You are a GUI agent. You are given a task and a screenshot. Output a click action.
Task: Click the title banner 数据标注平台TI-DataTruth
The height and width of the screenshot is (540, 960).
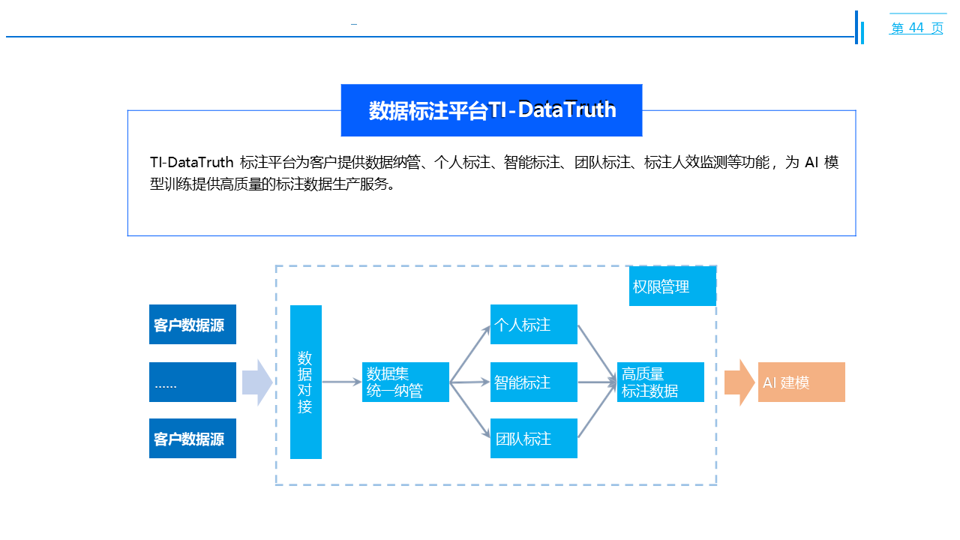491,110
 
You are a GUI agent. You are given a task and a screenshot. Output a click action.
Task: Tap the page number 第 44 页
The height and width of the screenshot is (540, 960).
916,28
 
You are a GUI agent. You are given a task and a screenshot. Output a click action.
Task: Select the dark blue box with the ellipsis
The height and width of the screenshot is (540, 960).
192,382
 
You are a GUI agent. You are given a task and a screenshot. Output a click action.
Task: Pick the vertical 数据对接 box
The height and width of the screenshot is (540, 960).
305,382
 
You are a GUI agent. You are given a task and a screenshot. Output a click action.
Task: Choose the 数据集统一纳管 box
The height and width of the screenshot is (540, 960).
405,382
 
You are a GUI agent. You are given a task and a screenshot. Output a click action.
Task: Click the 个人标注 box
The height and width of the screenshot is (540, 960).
533,325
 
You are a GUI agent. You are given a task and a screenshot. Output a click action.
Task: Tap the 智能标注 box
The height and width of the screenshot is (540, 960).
533,382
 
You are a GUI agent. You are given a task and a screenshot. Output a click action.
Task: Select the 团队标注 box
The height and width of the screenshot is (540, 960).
533,439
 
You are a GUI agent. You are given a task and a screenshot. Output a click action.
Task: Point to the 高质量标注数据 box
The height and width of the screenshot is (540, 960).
660,382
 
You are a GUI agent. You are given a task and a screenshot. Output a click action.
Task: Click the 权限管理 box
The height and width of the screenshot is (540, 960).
672,286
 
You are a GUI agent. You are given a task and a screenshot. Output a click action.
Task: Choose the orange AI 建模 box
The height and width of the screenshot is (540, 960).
801,382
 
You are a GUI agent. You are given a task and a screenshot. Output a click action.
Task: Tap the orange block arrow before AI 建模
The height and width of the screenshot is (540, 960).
739,382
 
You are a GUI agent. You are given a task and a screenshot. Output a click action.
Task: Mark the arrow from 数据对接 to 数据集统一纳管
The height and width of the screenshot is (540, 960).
341,382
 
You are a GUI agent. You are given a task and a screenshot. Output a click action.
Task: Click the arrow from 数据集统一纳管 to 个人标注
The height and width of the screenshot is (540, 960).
469,354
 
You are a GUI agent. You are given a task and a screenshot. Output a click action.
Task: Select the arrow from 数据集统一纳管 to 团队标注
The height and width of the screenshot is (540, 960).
469,410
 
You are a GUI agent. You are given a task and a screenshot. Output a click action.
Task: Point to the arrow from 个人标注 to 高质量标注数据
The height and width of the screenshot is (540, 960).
597,353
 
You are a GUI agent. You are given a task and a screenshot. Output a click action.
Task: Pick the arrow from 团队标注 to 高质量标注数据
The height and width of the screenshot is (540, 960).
597,411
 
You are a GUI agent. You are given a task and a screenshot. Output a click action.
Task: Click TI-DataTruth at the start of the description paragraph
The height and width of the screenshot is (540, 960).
191,163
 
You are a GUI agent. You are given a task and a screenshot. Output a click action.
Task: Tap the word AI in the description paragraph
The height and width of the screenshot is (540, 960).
810,163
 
